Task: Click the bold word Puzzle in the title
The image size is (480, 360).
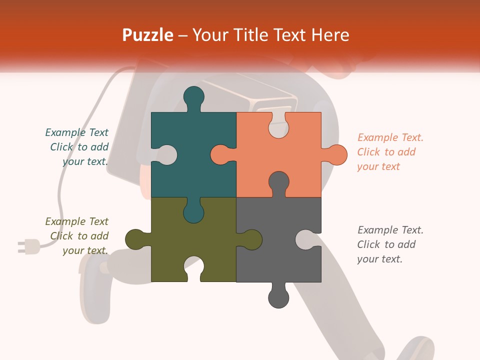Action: (x=148, y=35)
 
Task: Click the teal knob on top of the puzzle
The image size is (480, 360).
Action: (x=194, y=97)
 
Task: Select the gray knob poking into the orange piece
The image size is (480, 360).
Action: (x=278, y=183)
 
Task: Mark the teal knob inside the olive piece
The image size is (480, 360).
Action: (x=194, y=211)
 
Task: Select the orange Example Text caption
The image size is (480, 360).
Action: (x=390, y=152)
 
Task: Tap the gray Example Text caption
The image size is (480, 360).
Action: (x=390, y=244)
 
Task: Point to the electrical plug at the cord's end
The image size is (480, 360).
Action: (x=29, y=246)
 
